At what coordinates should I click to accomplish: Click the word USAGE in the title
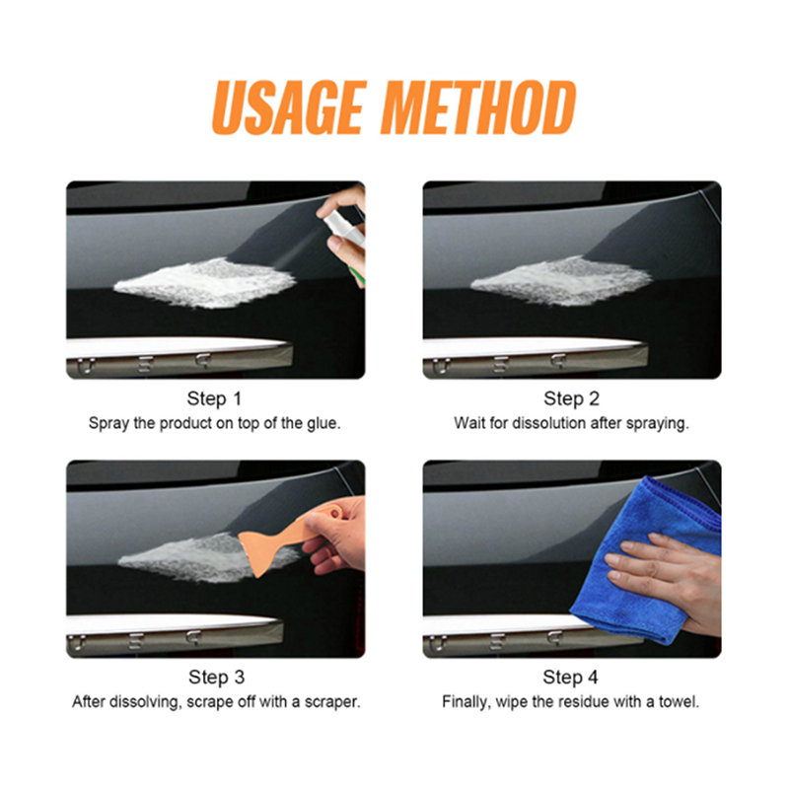pos(287,108)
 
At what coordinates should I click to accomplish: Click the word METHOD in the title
pos(478,108)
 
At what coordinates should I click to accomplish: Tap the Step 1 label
pos(214,398)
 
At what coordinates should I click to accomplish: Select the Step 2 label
pos(572,398)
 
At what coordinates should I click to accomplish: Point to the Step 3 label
pos(216,678)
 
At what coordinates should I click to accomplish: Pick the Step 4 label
pos(571,678)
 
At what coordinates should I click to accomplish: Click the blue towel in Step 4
pos(649,558)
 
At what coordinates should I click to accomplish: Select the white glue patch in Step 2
pos(562,281)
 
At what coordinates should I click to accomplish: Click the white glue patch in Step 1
pos(205,283)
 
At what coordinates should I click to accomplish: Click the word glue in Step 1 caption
pos(323,423)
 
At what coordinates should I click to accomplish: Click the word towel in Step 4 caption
pos(680,701)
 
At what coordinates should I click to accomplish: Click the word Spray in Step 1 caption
pos(108,424)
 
